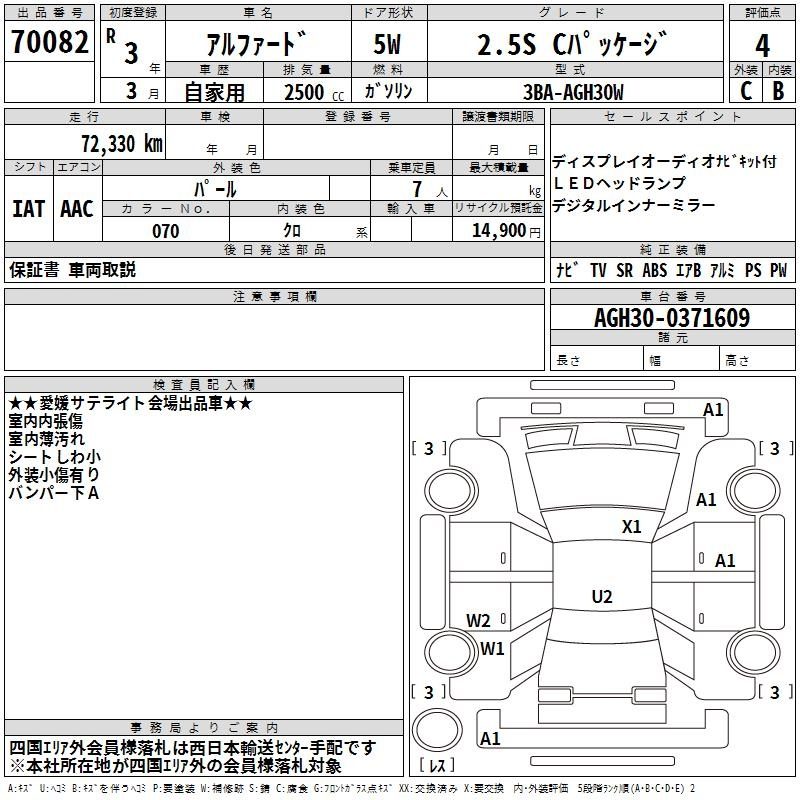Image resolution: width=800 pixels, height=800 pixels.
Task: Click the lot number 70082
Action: coord(49,41)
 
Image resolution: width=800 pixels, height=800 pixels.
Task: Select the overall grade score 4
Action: coord(762,45)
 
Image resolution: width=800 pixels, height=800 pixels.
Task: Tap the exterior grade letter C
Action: coord(745,91)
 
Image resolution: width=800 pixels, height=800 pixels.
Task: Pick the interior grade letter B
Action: coord(778,91)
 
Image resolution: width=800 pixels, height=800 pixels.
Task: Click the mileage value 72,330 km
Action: coord(122,143)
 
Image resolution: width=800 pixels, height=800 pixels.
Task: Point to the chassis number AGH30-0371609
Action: coord(672,317)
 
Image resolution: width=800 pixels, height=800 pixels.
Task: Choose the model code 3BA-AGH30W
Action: coord(573,92)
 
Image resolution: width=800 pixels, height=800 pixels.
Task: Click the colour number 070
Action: coord(165,231)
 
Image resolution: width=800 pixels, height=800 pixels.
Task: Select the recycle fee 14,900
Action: coord(498,231)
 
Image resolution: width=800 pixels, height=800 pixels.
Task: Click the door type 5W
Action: coord(387,44)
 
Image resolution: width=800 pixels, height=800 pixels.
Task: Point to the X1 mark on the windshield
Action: coord(631,526)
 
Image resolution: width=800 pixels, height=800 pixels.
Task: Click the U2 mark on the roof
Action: coord(602,596)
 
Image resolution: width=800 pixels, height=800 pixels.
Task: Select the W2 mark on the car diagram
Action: coord(478,620)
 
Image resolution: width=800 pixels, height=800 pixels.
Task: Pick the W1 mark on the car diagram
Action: coord(492,648)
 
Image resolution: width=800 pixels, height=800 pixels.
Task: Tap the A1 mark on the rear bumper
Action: coord(490,738)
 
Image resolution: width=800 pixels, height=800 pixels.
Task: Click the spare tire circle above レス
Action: coord(437,730)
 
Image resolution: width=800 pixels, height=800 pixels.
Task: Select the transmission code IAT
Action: coord(29,209)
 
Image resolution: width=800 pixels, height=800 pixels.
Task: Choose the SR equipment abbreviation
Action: coord(624,270)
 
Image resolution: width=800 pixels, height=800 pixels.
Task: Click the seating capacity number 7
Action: coord(417,189)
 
